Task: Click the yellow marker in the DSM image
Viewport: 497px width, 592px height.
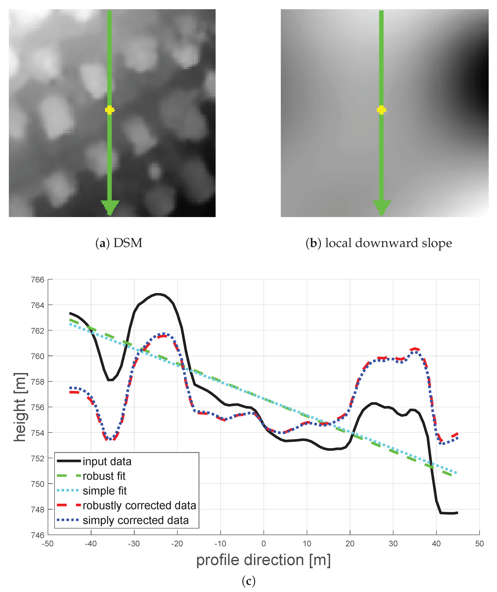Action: pos(109,110)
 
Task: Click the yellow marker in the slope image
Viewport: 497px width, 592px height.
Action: pos(381,110)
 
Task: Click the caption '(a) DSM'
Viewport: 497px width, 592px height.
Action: pos(119,243)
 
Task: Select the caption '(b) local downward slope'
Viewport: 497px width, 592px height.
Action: pos(379,243)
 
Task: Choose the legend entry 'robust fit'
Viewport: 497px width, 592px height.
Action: pos(104,476)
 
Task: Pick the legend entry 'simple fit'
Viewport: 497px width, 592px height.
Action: pos(105,491)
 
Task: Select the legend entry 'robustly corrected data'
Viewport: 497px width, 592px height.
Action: pos(139,505)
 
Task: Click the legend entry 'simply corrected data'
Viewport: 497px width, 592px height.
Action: pos(136,520)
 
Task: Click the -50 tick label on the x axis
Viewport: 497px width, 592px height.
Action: pos(48,544)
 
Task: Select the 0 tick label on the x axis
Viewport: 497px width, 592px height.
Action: pos(264,544)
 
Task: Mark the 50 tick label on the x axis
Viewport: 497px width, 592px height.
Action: pos(479,544)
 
